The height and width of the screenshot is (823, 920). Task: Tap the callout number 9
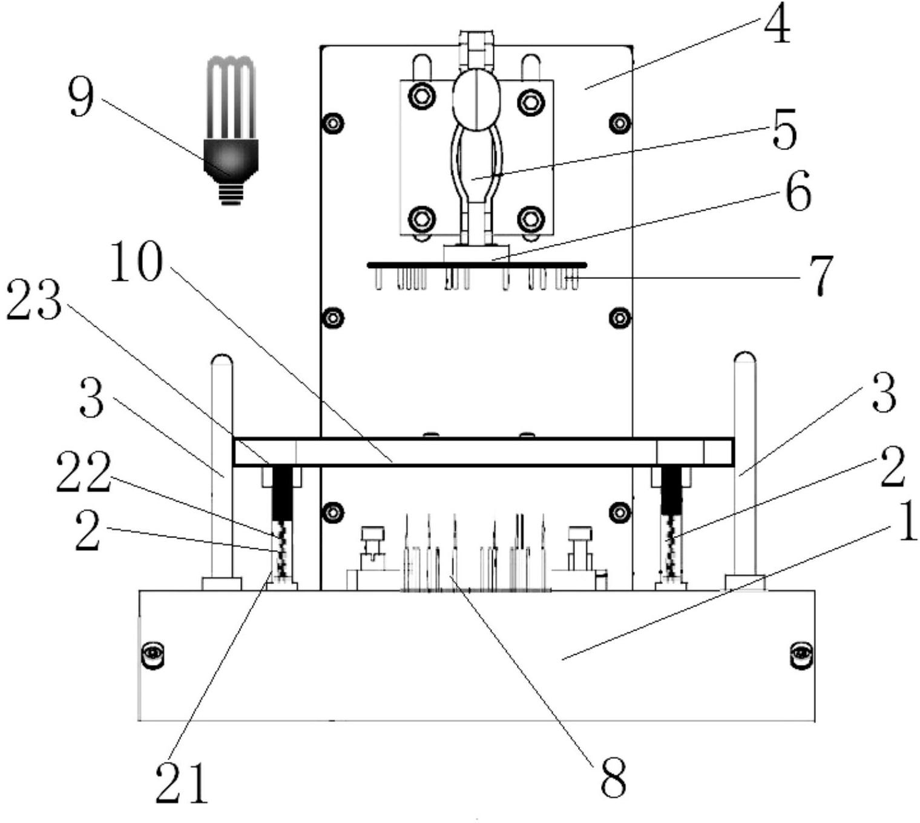coord(80,97)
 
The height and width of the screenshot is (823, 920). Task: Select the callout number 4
coord(777,27)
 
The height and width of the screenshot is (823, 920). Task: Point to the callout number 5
coord(784,131)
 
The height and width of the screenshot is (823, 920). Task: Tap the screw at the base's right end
coord(801,654)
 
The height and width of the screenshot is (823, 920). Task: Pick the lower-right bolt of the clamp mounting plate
coord(531,218)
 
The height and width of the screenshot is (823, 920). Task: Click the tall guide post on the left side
coord(222,466)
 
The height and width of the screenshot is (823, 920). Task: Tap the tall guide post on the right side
coord(744,466)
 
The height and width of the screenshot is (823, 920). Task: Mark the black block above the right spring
coord(669,489)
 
